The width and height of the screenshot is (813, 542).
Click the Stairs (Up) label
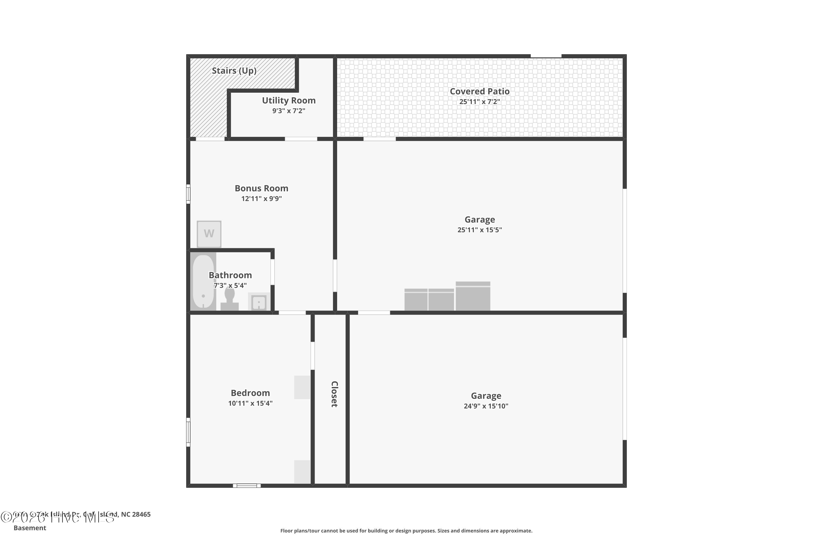234,71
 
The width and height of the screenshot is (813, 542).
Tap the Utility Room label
289,101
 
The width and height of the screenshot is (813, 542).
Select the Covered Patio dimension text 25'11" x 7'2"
479,102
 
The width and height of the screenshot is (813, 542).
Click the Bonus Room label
261,188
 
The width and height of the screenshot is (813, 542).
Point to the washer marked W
209,234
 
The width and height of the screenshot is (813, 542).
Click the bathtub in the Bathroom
203,282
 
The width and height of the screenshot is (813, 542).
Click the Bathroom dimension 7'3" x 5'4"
230,286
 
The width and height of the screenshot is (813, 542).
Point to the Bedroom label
250,393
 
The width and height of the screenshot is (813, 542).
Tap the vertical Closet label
334,394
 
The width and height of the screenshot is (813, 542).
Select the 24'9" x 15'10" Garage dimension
486,406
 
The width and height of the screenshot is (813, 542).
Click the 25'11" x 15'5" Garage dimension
479,230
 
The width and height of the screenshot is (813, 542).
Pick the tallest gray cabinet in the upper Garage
473,296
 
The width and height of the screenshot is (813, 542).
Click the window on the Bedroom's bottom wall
246,486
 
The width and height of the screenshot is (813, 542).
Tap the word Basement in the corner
30,528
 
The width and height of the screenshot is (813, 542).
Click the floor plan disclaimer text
406,531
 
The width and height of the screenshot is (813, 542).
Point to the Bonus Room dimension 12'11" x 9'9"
261,199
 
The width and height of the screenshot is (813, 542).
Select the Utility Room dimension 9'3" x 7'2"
289,111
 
